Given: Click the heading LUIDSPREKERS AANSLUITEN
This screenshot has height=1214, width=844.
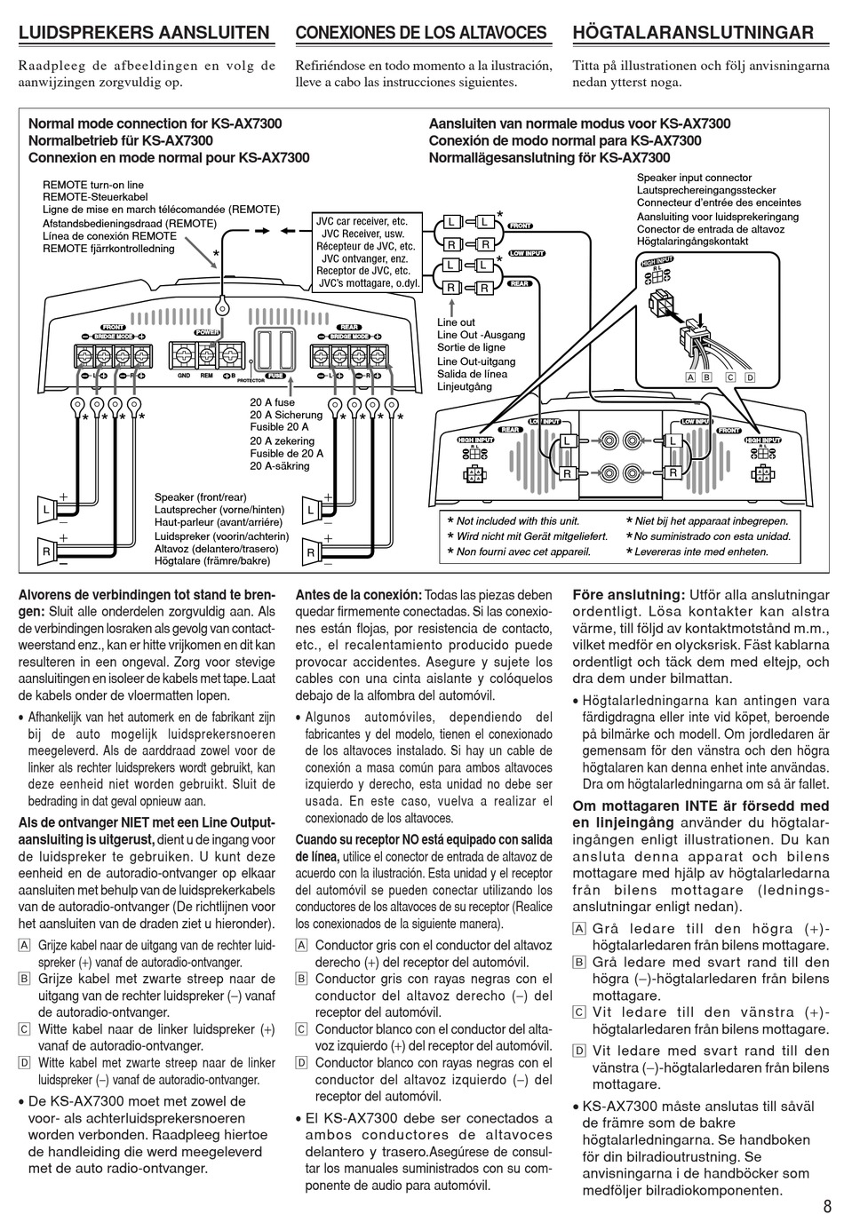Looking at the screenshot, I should pyautogui.click(x=144, y=33).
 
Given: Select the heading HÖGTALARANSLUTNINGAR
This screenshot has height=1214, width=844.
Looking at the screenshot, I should pyautogui.click(x=693, y=33).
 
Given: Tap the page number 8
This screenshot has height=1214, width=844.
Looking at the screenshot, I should pyautogui.click(x=827, y=1204).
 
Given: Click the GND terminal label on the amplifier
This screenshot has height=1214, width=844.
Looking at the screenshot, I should pyautogui.click(x=184, y=376).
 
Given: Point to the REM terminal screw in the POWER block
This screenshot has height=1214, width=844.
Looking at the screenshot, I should pyautogui.click(x=206, y=354).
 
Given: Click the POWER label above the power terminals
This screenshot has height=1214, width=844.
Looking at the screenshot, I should pyautogui.click(x=206, y=332).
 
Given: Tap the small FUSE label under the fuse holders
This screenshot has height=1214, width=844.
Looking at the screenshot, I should pyautogui.click(x=275, y=376).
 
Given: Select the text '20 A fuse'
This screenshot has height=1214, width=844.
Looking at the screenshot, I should pyautogui.click(x=272, y=402).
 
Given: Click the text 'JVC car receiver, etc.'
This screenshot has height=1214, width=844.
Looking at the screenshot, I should pyautogui.click(x=362, y=221).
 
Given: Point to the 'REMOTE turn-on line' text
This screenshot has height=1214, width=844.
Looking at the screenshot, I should pyautogui.click(x=93, y=185).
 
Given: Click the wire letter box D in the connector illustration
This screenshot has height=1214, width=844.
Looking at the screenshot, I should pyautogui.click(x=749, y=377).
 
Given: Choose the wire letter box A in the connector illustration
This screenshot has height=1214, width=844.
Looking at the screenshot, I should pyautogui.click(x=689, y=377).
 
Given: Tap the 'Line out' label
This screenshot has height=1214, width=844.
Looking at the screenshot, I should pyautogui.click(x=456, y=322).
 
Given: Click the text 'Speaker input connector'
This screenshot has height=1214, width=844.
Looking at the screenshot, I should pyautogui.click(x=694, y=178).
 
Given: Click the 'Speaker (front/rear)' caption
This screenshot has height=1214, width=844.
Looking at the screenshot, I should pyautogui.click(x=201, y=497).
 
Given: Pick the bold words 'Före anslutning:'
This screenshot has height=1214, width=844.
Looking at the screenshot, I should pyautogui.click(x=628, y=594).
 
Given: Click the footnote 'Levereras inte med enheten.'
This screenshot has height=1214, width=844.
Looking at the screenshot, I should pyautogui.click(x=702, y=551).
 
